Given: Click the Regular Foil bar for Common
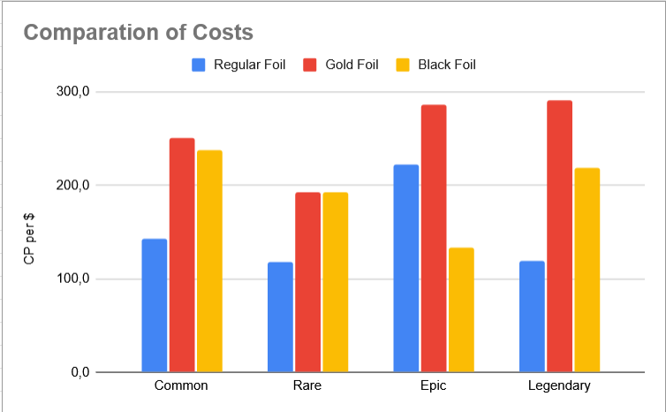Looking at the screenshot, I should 155,305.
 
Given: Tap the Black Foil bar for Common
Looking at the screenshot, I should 209,261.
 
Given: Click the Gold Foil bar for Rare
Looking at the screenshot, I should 308,282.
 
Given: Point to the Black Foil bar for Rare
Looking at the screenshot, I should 335,282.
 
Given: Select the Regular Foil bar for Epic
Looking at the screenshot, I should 406,268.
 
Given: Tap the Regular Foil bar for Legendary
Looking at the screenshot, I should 532,317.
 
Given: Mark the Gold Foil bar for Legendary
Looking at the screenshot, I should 559,236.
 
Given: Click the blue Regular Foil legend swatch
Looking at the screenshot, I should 199,65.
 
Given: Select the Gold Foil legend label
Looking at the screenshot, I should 352,65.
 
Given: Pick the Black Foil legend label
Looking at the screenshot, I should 447,65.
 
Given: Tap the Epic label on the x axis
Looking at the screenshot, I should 434,385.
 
